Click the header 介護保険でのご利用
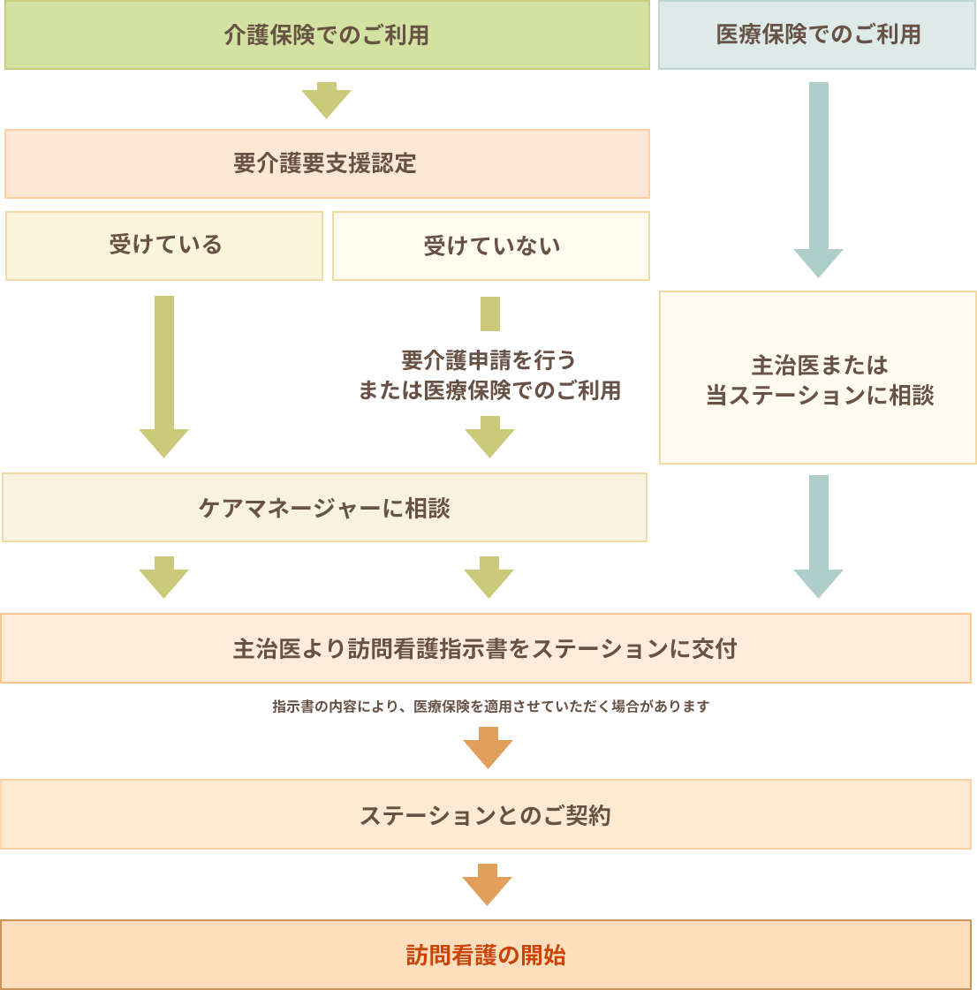(x=327, y=35)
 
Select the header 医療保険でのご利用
(x=817, y=35)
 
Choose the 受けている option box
(x=164, y=246)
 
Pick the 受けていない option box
(x=491, y=246)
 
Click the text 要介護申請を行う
(x=488, y=360)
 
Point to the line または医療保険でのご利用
(x=488, y=390)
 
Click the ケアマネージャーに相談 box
(x=324, y=508)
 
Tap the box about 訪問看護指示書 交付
(x=485, y=649)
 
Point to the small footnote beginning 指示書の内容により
(x=490, y=707)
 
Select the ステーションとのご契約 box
(x=485, y=815)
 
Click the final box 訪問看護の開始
(x=485, y=955)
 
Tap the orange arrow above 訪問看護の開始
(x=484, y=878)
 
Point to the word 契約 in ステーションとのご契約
(x=588, y=815)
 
